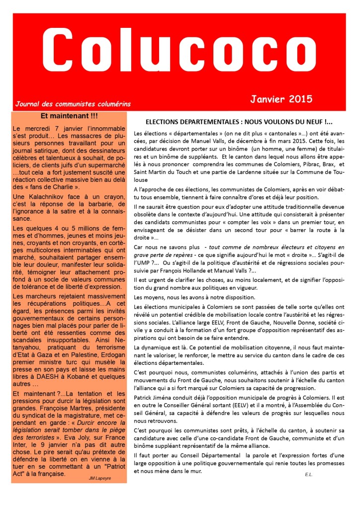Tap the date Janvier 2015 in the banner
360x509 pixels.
click(281, 98)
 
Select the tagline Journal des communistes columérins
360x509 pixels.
click(73, 104)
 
